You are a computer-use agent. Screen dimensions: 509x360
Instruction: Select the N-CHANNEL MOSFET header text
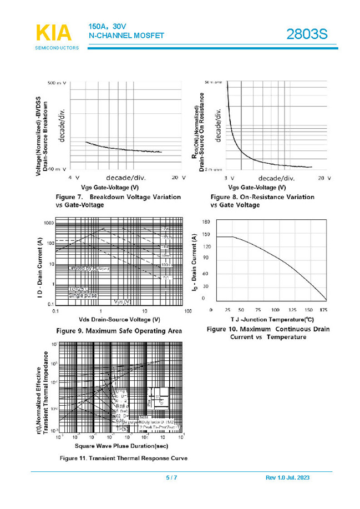point(126,36)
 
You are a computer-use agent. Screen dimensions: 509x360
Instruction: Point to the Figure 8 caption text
point(262,201)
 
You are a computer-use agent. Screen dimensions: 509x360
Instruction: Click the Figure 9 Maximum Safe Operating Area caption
point(119,331)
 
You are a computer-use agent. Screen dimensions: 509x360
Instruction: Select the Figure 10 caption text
point(268,333)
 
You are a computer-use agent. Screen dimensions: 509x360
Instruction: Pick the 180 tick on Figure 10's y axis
point(206,221)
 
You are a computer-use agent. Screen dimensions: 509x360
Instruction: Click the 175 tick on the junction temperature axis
point(324,310)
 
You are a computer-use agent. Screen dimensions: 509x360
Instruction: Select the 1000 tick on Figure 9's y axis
point(48,223)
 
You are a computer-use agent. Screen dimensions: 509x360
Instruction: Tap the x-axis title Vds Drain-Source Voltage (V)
point(119,320)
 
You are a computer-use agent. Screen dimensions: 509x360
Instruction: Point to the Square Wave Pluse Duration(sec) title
point(114,446)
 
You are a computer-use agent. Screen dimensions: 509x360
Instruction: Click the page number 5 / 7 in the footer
point(171,478)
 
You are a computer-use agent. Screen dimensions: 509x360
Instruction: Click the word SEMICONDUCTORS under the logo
point(57,48)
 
